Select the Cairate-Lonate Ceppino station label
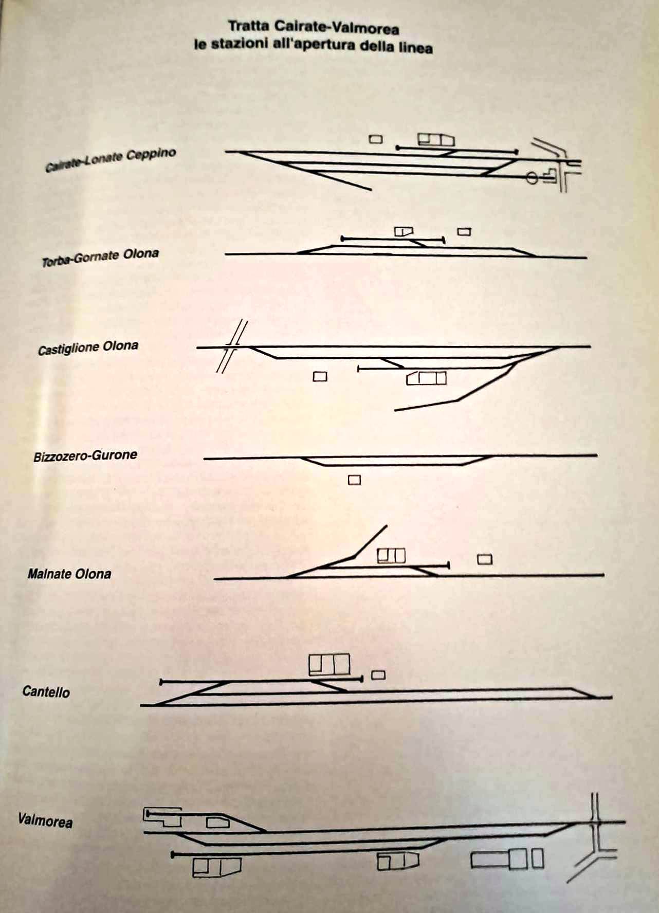111,159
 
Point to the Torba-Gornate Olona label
100,258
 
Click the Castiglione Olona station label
88,348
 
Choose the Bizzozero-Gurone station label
85,456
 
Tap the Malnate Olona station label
69,574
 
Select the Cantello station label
46,691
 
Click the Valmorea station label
45,820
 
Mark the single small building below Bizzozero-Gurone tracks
354,480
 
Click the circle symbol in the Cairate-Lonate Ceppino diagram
532,178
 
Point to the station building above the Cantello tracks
329,664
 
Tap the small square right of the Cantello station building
378,675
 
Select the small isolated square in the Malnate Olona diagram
485,559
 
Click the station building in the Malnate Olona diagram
391,555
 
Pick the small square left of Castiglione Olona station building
320,377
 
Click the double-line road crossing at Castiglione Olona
232,347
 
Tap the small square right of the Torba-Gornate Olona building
464,232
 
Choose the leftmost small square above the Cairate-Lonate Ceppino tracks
376,139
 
